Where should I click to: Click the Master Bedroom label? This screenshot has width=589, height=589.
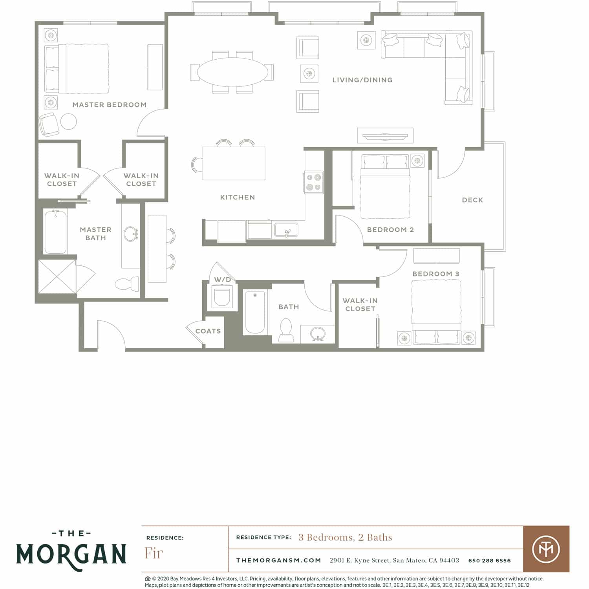click(110, 105)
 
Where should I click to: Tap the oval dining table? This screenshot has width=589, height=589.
click(232, 72)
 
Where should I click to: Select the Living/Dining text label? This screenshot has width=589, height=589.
click(362, 80)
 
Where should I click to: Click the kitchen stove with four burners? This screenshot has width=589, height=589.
click(314, 182)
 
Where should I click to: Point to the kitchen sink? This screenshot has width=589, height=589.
click(286, 230)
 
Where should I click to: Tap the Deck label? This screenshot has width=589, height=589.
click(472, 200)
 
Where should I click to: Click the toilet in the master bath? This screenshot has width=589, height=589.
click(127, 284)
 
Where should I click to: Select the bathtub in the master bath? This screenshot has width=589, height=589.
click(56, 232)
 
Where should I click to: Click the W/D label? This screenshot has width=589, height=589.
click(223, 280)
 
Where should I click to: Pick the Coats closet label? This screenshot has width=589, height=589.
click(208, 331)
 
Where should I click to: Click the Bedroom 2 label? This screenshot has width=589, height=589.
click(390, 230)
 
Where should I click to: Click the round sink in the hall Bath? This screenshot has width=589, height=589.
click(318, 334)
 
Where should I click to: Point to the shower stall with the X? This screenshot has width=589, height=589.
click(57, 276)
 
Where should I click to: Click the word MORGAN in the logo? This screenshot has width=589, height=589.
click(71, 554)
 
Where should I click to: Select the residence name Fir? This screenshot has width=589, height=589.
click(154, 553)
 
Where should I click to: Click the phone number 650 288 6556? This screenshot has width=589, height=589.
click(490, 561)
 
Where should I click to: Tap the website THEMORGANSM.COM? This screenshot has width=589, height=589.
click(279, 561)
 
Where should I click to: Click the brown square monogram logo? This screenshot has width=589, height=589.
click(546, 549)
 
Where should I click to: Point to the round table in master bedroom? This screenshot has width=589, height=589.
click(69, 122)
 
